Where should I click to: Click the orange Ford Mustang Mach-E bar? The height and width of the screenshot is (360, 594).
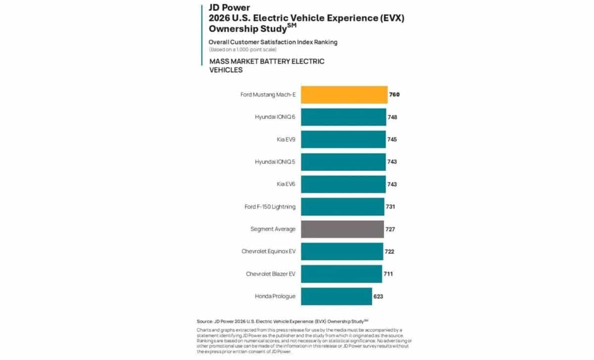344,95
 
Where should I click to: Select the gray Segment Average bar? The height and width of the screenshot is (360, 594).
342,229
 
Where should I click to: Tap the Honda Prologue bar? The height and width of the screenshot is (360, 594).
336,296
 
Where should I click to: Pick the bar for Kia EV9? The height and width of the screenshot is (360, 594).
343,140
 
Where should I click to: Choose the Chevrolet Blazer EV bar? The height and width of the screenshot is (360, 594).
341,274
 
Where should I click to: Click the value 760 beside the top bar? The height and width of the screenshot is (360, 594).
395,95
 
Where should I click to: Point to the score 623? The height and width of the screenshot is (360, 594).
378,297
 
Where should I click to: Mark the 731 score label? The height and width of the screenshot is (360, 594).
391,207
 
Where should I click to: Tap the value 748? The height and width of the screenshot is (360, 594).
393,117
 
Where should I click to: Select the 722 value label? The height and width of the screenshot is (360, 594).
390,252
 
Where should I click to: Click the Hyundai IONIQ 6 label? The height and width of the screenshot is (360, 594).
275,117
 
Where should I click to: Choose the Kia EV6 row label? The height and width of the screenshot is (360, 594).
286,184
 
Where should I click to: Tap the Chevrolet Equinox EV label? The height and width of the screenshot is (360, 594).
268,252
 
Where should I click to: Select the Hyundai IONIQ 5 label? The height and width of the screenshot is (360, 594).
275,162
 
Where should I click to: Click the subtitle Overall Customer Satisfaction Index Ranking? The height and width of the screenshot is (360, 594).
273,42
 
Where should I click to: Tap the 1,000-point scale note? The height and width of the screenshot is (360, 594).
243,50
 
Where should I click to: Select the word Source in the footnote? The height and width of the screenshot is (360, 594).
205,321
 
